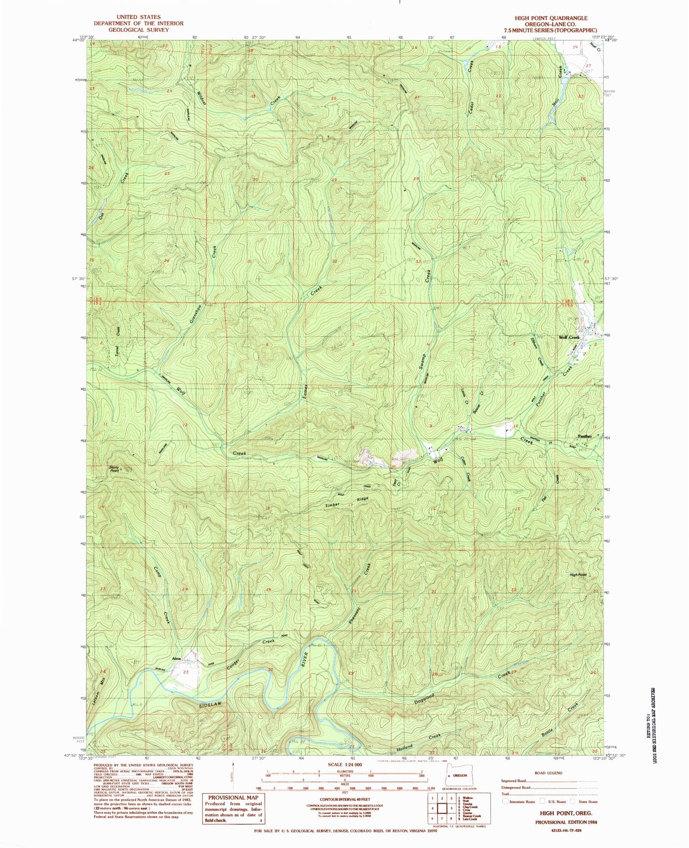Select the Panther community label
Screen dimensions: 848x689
click(x=585, y=436)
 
